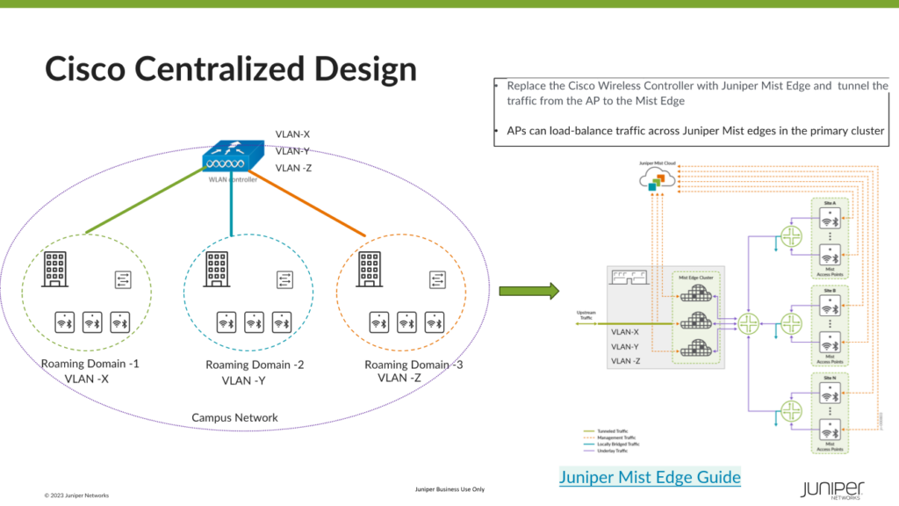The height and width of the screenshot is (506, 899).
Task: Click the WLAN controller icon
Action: coord(233,157)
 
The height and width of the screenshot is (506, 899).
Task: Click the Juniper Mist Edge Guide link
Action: coord(650,477)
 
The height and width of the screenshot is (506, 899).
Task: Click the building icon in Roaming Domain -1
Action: coord(55,270)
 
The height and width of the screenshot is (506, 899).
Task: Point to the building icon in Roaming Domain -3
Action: coord(368,269)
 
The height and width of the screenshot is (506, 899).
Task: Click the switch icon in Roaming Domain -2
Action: coord(284,279)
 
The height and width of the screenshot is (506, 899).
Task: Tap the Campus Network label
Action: coord(234,417)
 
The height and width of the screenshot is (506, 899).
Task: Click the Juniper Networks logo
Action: coord(832,488)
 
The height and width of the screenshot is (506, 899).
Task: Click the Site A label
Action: coord(829,203)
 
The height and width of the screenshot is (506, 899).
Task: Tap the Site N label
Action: coord(829,376)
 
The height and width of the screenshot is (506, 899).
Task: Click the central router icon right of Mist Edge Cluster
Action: coord(749,324)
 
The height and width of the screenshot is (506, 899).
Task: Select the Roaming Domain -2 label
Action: coord(255,365)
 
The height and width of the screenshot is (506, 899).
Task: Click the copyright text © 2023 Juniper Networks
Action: coord(77,495)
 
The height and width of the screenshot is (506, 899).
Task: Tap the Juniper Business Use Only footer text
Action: coord(449,488)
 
